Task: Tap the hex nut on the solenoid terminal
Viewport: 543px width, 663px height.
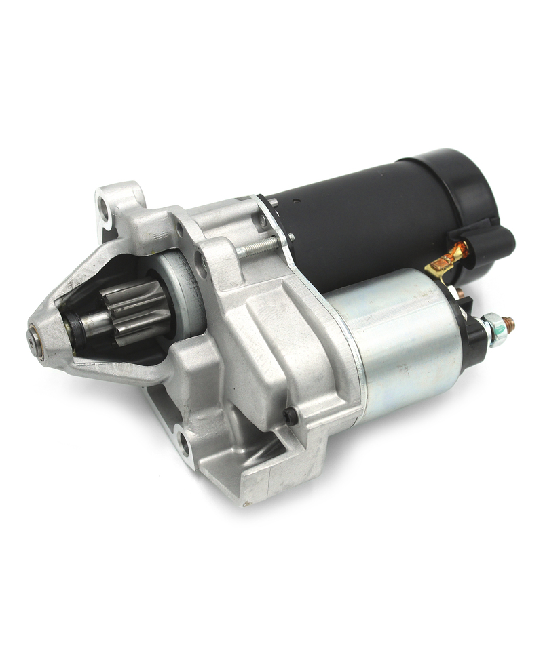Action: click(x=493, y=329)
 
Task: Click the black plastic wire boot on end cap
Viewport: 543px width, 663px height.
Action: click(x=492, y=241)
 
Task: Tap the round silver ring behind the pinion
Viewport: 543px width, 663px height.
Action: click(x=187, y=292)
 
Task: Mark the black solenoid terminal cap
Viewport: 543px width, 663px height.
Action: click(x=475, y=332)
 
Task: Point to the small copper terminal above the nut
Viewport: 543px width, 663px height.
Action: click(x=462, y=294)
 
